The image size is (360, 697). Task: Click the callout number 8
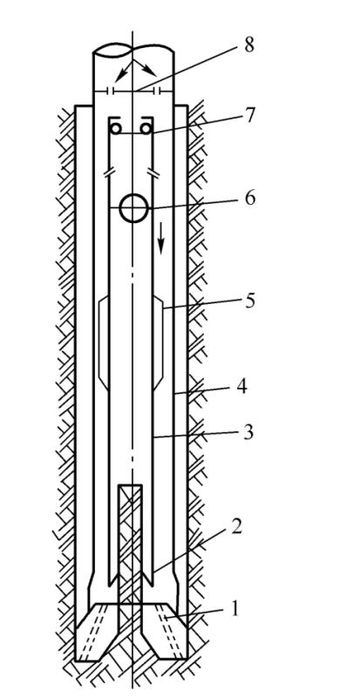click(x=248, y=46)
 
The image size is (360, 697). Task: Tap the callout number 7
click(x=249, y=116)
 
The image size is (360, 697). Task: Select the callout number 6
click(x=250, y=198)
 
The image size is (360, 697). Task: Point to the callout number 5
click(x=249, y=301)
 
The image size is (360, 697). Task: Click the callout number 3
click(x=248, y=432)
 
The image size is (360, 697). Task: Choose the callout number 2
click(x=236, y=527)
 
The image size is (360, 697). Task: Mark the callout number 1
click(x=234, y=608)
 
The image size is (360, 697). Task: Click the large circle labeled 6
click(x=133, y=207)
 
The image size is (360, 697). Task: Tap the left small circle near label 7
click(x=116, y=129)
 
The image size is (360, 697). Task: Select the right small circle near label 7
click(x=146, y=129)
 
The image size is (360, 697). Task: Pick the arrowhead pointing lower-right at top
click(x=151, y=71)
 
